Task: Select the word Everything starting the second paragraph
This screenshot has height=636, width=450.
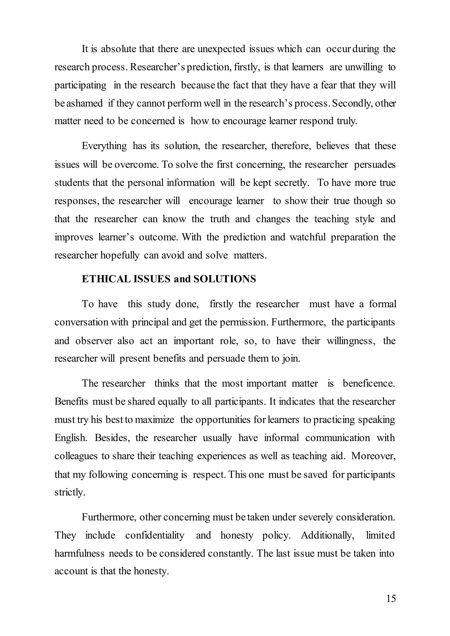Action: [104, 146]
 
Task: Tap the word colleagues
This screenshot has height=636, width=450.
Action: [76, 456]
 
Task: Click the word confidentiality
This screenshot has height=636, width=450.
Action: [155, 535]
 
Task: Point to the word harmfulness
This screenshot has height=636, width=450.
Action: [80, 553]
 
